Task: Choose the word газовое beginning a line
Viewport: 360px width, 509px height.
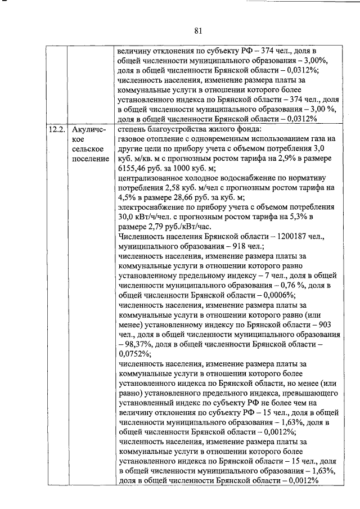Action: [133, 139]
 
